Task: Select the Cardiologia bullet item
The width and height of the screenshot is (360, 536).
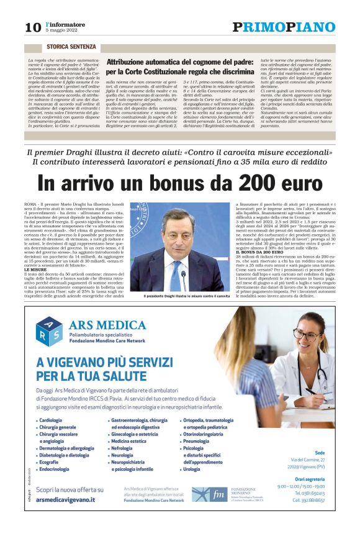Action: [x=50, y=420]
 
